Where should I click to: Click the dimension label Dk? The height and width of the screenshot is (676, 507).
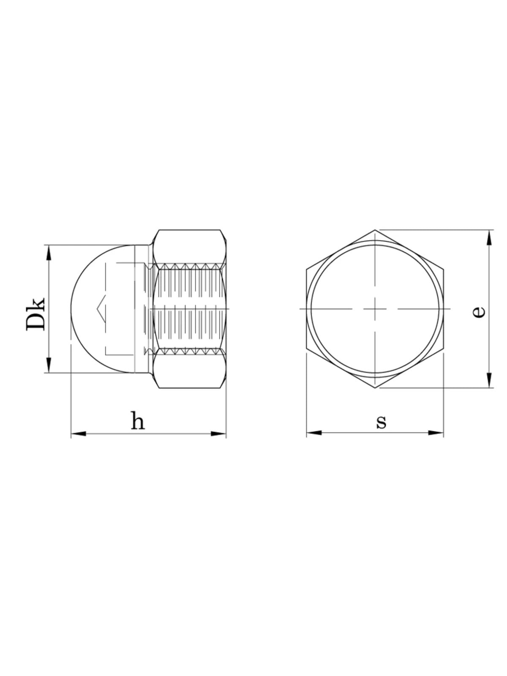[36, 314]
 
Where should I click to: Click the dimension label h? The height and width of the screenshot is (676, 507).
[138, 420]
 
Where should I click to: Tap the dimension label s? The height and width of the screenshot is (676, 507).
[381, 422]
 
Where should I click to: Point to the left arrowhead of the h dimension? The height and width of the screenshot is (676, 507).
[79, 433]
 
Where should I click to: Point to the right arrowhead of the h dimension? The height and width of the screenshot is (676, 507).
[218, 433]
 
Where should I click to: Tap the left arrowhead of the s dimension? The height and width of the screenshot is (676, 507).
[314, 433]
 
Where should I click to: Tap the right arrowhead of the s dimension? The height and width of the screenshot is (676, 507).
[436, 433]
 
